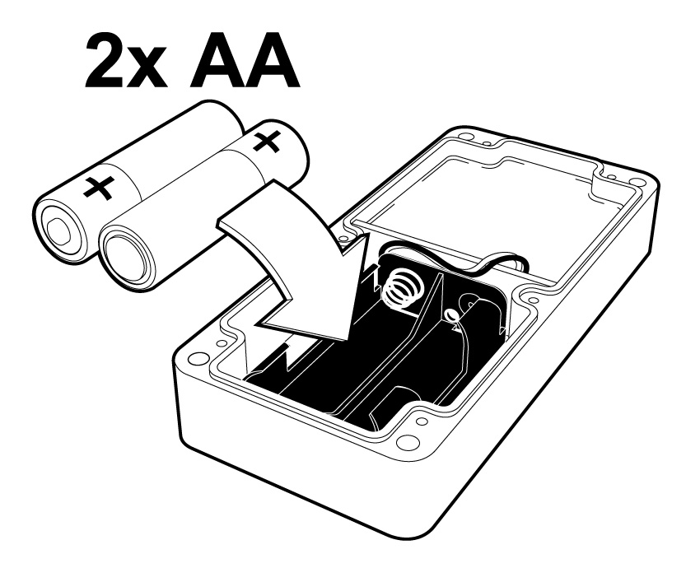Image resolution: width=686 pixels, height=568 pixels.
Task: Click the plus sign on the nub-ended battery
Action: coord(97,189)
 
